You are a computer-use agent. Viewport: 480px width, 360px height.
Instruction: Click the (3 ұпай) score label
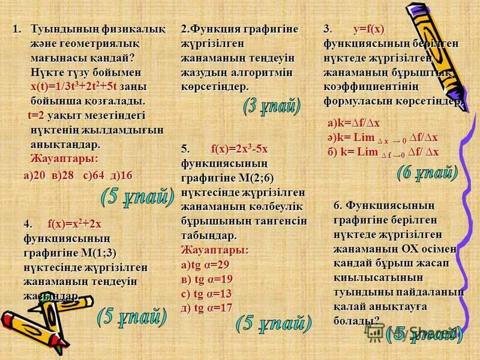coord(272,107)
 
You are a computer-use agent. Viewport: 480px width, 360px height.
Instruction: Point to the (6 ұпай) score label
coord(428,174)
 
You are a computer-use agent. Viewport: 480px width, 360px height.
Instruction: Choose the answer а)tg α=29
coord(205,265)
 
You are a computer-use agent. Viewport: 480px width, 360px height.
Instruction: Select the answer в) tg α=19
coord(207,279)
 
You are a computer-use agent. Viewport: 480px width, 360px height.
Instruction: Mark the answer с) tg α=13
coord(207,293)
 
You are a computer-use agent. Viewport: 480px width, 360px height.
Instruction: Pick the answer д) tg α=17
coord(207,308)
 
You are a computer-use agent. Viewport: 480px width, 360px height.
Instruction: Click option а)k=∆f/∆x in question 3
coord(353,123)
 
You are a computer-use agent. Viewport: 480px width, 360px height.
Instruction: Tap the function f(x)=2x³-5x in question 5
coord(239,148)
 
